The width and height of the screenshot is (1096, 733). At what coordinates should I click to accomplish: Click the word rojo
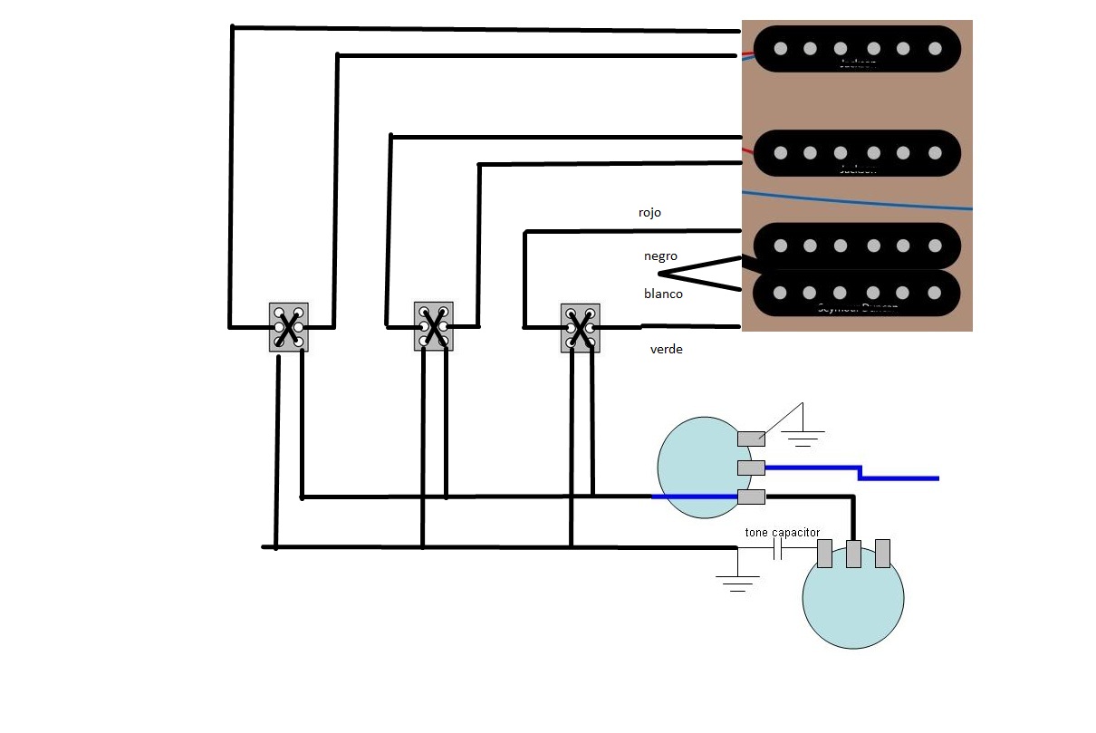[x=649, y=213]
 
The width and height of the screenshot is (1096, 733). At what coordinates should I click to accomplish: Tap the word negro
[x=660, y=256]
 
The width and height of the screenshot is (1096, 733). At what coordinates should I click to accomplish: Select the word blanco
[x=663, y=294]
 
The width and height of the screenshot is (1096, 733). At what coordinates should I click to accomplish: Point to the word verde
[x=666, y=349]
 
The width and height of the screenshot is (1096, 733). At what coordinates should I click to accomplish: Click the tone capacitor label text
[x=782, y=532]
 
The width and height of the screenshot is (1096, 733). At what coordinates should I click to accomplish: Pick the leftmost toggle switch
[x=288, y=327]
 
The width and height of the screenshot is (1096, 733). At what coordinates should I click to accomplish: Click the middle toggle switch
[x=434, y=326]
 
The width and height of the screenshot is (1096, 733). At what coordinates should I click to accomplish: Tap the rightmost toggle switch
[x=580, y=327]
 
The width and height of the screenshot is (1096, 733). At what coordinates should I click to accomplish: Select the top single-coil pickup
[x=856, y=48]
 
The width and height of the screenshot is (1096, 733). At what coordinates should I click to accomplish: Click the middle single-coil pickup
[x=856, y=153]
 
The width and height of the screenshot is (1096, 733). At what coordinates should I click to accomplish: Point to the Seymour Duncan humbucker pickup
[x=856, y=269]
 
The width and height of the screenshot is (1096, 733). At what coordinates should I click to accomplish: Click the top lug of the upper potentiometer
[x=751, y=439]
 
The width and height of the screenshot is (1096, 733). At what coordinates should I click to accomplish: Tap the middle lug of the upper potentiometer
[x=751, y=468]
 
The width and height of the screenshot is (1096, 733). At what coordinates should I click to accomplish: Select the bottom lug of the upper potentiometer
[x=751, y=497]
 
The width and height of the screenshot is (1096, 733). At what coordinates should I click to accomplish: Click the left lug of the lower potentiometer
[x=824, y=554]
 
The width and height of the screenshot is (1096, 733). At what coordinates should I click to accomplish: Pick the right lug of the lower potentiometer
[x=882, y=554]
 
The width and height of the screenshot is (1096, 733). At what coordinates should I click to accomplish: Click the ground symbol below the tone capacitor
[x=738, y=582]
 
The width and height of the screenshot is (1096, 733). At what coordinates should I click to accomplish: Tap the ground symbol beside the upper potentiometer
[x=802, y=438]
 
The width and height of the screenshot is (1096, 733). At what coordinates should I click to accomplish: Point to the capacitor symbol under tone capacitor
[x=777, y=549]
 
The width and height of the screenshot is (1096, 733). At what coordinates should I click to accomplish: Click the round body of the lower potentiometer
[x=853, y=603]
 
